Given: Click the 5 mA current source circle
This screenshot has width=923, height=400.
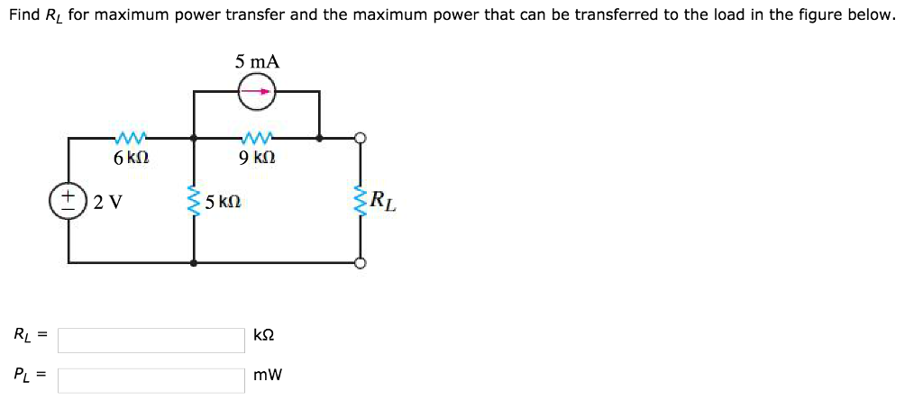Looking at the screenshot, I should [257, 91].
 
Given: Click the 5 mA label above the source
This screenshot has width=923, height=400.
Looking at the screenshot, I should [258, 62].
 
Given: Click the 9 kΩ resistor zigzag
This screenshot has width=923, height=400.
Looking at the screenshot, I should [257, 138].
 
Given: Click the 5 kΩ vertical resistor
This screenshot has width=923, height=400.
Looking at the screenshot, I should [193, 201].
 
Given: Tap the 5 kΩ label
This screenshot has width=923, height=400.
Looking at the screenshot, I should [224, 202].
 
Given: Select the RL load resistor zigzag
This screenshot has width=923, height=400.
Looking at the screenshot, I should [361, 201].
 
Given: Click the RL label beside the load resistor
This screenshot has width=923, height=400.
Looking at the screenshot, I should [382, 200].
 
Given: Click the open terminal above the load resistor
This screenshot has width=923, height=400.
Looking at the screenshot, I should [361, 138].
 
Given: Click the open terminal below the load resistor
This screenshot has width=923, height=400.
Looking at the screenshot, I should [361, 263].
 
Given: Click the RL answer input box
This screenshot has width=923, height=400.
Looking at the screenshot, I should [151, 340].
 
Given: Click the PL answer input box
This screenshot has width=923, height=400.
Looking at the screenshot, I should [151, 379].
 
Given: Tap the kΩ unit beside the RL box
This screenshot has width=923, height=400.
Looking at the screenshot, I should [264, 335].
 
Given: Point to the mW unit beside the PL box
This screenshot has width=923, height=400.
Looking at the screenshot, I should [268, 375].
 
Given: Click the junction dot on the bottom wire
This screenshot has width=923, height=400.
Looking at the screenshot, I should [194, 263].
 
